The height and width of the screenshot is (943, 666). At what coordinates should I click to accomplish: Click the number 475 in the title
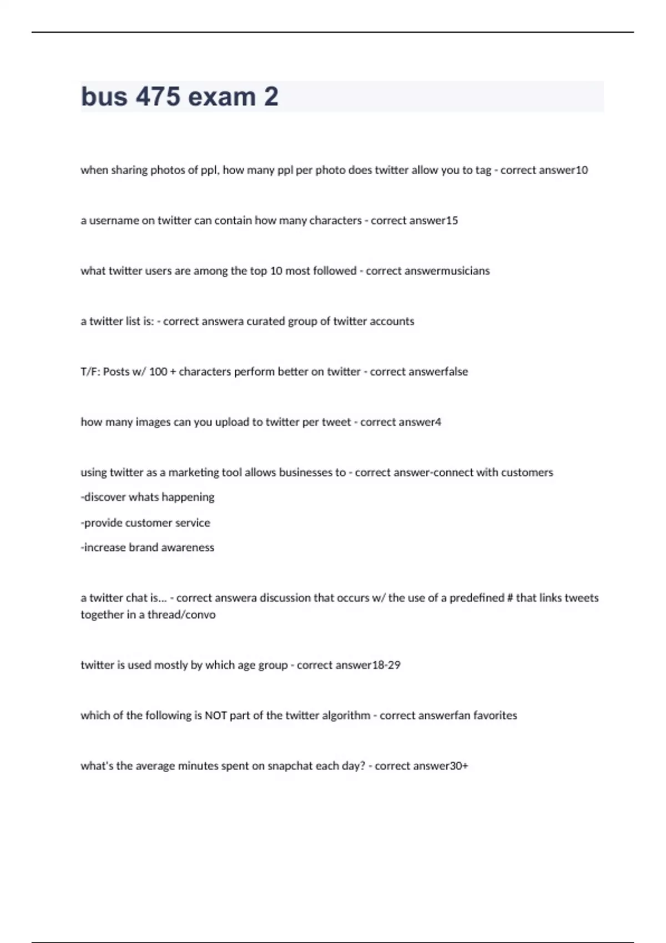pos(158,97)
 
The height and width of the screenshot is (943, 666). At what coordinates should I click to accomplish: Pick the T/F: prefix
pos(90,372)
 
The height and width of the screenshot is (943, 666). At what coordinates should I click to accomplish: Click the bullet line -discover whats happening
pos(148,497)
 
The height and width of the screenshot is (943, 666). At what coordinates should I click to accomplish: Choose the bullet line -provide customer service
pos(145,523)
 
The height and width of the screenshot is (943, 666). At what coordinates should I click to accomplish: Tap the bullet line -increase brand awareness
pos(148,547)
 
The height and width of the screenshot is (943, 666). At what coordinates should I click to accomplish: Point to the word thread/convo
pos(181,615)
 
